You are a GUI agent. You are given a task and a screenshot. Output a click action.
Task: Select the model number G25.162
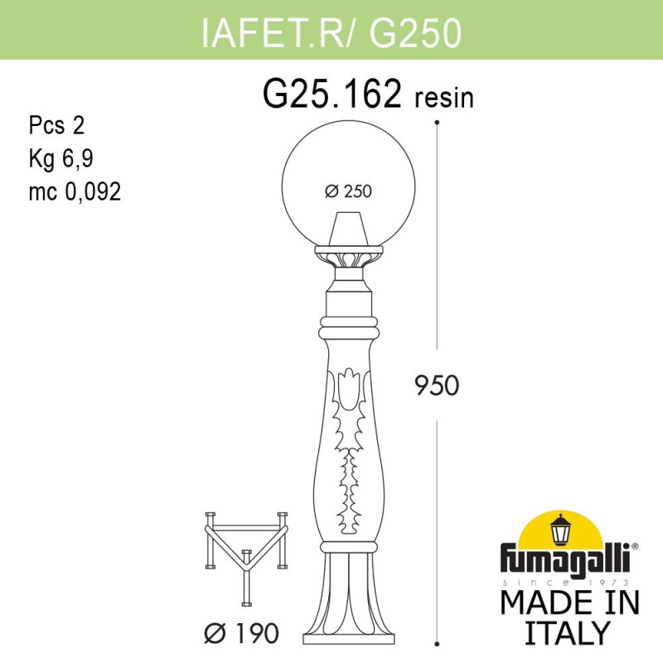332,96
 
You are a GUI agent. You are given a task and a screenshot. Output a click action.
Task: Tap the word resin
443,99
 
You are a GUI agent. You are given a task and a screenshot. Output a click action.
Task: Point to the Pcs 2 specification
56,126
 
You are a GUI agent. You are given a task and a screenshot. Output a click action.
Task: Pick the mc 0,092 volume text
75,192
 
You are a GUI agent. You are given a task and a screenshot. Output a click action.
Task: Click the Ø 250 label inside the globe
348,191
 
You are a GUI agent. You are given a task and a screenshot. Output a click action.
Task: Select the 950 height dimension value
436,385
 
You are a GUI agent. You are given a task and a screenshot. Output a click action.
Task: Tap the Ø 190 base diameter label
241,634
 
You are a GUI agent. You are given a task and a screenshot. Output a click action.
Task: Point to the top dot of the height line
438,122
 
